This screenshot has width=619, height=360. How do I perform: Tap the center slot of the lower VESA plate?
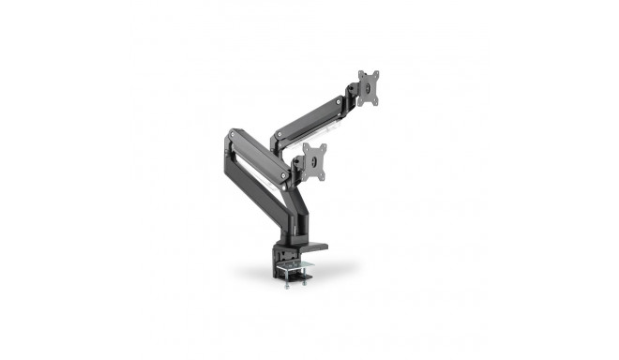tap(317, 162)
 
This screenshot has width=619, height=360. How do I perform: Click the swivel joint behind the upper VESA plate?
tap(353, 94)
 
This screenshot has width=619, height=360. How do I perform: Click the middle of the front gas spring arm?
tap(255, 157)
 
